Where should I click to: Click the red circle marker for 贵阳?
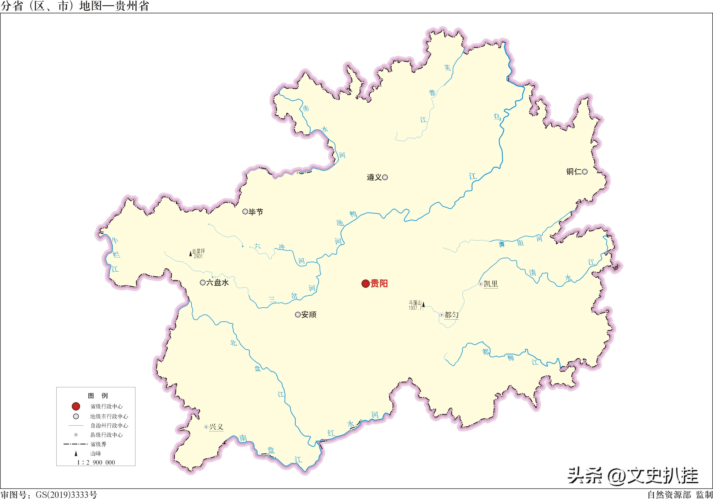366,284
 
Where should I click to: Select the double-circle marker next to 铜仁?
585,172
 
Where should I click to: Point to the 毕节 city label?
256,212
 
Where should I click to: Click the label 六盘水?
217,282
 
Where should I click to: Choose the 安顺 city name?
309,315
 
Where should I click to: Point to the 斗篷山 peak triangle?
423,304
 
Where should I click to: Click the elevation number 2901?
198,257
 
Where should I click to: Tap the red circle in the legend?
76,406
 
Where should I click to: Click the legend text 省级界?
98,444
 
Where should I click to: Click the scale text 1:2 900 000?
96,462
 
